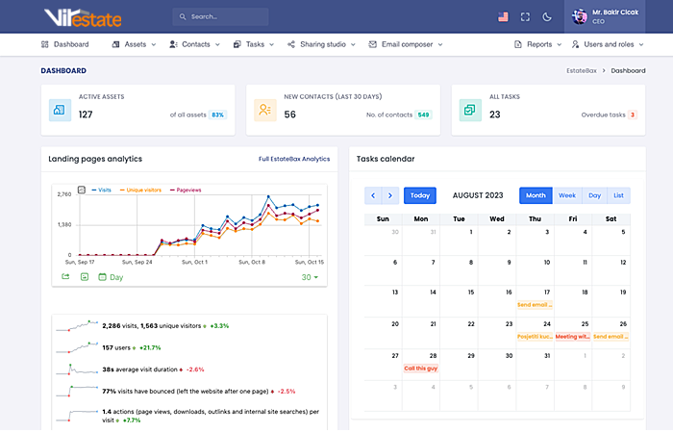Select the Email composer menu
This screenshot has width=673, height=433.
click(x=405, y=44)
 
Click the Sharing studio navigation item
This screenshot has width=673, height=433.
click(x=321, y=44)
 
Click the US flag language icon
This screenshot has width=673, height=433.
click(x=503, y=16)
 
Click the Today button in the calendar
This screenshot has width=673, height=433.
click(x=420, y=195)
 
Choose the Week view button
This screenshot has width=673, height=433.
click(x=566, y=195)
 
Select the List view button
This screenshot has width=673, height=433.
click(x=619, y=195)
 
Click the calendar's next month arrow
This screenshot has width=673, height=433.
click(x=389, y=195)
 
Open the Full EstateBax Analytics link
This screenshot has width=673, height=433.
click(x=294, y=159)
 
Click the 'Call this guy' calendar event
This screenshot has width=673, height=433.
click(x=422, y=369)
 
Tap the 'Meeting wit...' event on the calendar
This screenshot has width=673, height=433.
click(x=572, y=337)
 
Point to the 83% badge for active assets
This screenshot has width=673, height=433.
click(x=217, y=115)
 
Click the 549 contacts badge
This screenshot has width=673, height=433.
click(x=423, y=115)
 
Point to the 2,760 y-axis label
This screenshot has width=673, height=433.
click(x=65, y=195)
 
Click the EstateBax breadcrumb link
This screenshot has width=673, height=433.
click(x=583, y=70)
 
